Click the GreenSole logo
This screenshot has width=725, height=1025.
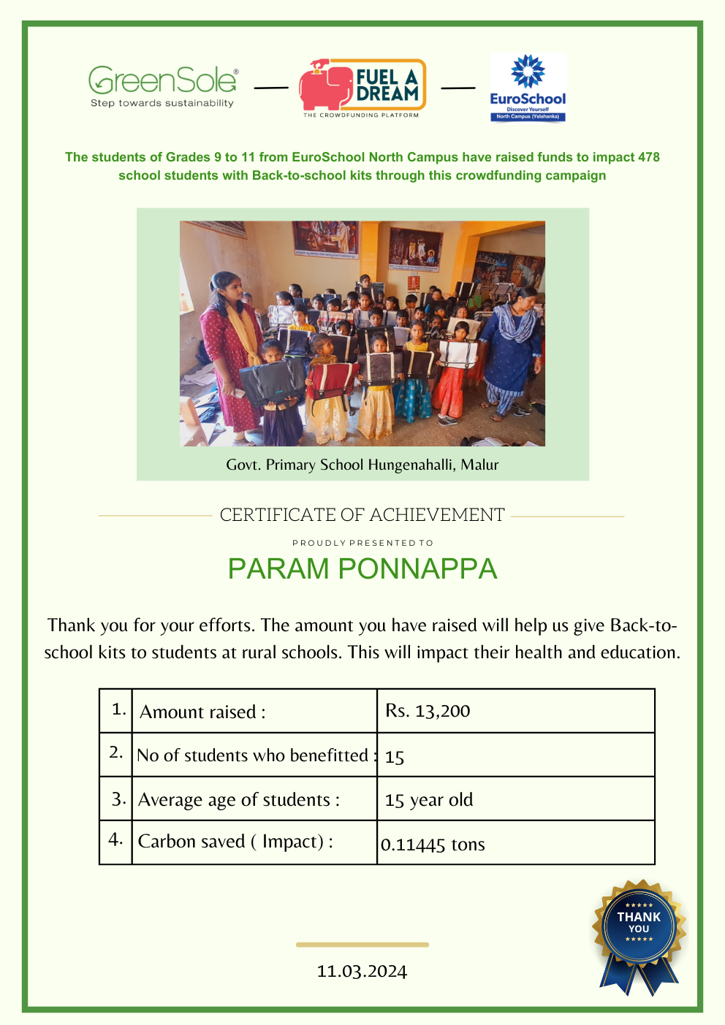(x=162, y=86)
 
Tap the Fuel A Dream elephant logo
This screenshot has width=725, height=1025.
(x=362, y=88)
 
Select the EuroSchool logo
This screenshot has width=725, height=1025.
(x=528, y=88)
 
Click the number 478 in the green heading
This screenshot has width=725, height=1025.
(x=648, y=157)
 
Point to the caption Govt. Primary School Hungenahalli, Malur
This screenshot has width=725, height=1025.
(x=362, y=465)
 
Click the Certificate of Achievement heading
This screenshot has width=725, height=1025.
(x=362, y=515)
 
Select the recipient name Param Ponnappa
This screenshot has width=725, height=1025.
(x=362, y=569)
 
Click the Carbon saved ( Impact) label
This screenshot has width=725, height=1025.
(x=235, y=842)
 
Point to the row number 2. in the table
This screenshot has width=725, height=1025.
(x=115, y=752)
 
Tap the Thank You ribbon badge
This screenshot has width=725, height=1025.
(x=639, y=931)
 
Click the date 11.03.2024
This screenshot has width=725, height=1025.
(x=362, y=971)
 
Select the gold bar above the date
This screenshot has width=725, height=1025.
(x=362, y=945)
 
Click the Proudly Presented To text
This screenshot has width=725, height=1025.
(x=362, y=543)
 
